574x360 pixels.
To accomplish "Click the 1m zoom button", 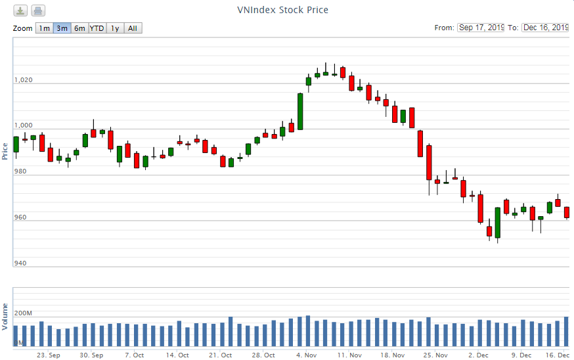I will tap(44, 28).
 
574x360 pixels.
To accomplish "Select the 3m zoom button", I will tap(62, 28).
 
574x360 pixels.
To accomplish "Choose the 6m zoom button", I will tap(79, 28).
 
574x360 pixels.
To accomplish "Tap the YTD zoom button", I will tap(97, 28).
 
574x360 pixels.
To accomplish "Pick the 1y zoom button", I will tap(115, 28).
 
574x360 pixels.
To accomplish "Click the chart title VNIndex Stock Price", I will tap(282, 10).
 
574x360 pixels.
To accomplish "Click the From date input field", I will tap(481, 28).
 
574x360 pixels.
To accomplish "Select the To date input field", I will tap(545, 28).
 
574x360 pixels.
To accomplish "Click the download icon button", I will tap(21, 11).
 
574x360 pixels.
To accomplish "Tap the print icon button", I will tap(38, 11).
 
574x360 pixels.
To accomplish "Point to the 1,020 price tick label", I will tap(23, 80).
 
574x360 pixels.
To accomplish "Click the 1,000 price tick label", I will tap(23, 125).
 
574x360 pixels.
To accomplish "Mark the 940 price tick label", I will tap(20, 263).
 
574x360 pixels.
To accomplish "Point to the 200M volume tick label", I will tap(23, 313).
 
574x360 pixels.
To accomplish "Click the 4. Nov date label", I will tap(307, 355).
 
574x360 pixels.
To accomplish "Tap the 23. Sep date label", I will tap(49, 355).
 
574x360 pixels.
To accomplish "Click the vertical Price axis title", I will tap(5, 150).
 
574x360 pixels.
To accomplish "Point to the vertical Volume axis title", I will tap(5, 316).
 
